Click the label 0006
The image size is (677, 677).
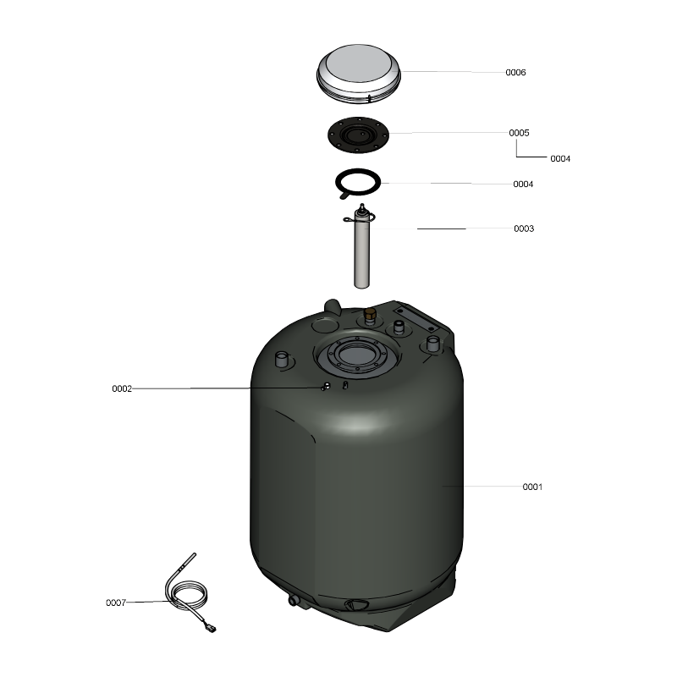tap(515, 73)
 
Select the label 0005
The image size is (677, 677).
tap(519, 133)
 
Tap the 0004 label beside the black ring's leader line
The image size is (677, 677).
tap(523, 184)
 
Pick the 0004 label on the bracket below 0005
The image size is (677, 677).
tap(560, 159)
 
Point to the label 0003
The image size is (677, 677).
tap(524, 228)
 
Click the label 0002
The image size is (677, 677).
tap(122, 389)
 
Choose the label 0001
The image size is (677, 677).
tap(532, 487)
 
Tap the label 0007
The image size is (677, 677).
tap(116, 603)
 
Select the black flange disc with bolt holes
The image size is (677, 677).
tap(358, 135)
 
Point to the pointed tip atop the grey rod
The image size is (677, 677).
tap(362, 205)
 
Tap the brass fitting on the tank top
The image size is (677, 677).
tap(370, 314)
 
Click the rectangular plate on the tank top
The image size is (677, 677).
tap(416, 318)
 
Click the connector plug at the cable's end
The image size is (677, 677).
tap(212, 629)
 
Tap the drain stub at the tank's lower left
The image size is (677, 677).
tap(294, 600)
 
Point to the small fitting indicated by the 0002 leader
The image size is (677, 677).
tap(326, 386)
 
